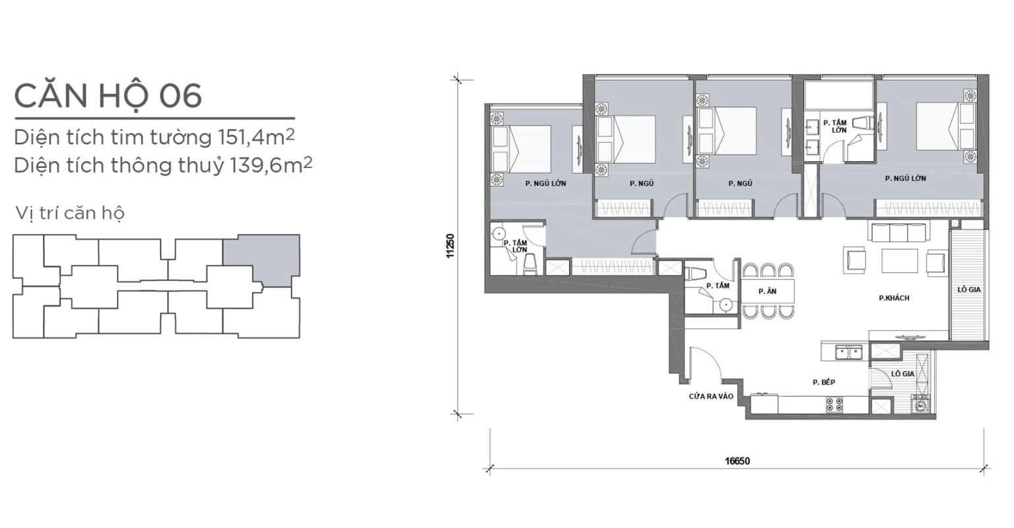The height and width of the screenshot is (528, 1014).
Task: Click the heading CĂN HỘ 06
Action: [108, 96]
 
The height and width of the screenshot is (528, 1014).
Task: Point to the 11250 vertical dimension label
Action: [450, 246]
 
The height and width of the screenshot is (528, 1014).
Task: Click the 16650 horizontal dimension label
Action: [737, 461]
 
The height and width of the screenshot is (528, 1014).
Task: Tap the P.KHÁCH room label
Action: [894, 298]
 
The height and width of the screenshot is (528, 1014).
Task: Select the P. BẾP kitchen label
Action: [824, 383]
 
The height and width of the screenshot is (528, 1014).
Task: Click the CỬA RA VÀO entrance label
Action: [711, 396]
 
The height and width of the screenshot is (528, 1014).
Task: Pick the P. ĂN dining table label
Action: [768, 291]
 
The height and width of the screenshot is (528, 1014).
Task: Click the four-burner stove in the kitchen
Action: [834, 404]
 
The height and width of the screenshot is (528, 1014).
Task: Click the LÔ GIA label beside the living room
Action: [968, 289]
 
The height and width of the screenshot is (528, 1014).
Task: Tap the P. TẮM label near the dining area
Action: [718, 285]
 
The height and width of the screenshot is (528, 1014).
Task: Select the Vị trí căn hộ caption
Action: [70, 213]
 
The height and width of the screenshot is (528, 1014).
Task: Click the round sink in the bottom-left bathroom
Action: [498, 233]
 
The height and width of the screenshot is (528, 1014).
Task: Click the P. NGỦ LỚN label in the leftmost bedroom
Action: [545, 184]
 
